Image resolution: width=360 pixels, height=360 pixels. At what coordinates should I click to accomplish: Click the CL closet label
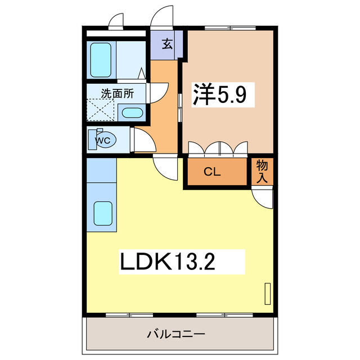[211, 172]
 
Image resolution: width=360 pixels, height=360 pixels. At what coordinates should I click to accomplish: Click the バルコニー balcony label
[176, 335]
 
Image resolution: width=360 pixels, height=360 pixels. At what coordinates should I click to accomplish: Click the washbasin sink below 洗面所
[132, 112]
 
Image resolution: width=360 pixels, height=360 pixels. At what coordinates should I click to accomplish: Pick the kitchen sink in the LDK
[102, 213]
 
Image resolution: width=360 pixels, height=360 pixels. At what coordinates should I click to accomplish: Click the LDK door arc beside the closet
[166, 167]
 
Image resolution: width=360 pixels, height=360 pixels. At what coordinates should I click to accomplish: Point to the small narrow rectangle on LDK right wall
[267, 294]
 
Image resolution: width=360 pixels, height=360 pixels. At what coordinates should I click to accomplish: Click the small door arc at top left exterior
[116, 21]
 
